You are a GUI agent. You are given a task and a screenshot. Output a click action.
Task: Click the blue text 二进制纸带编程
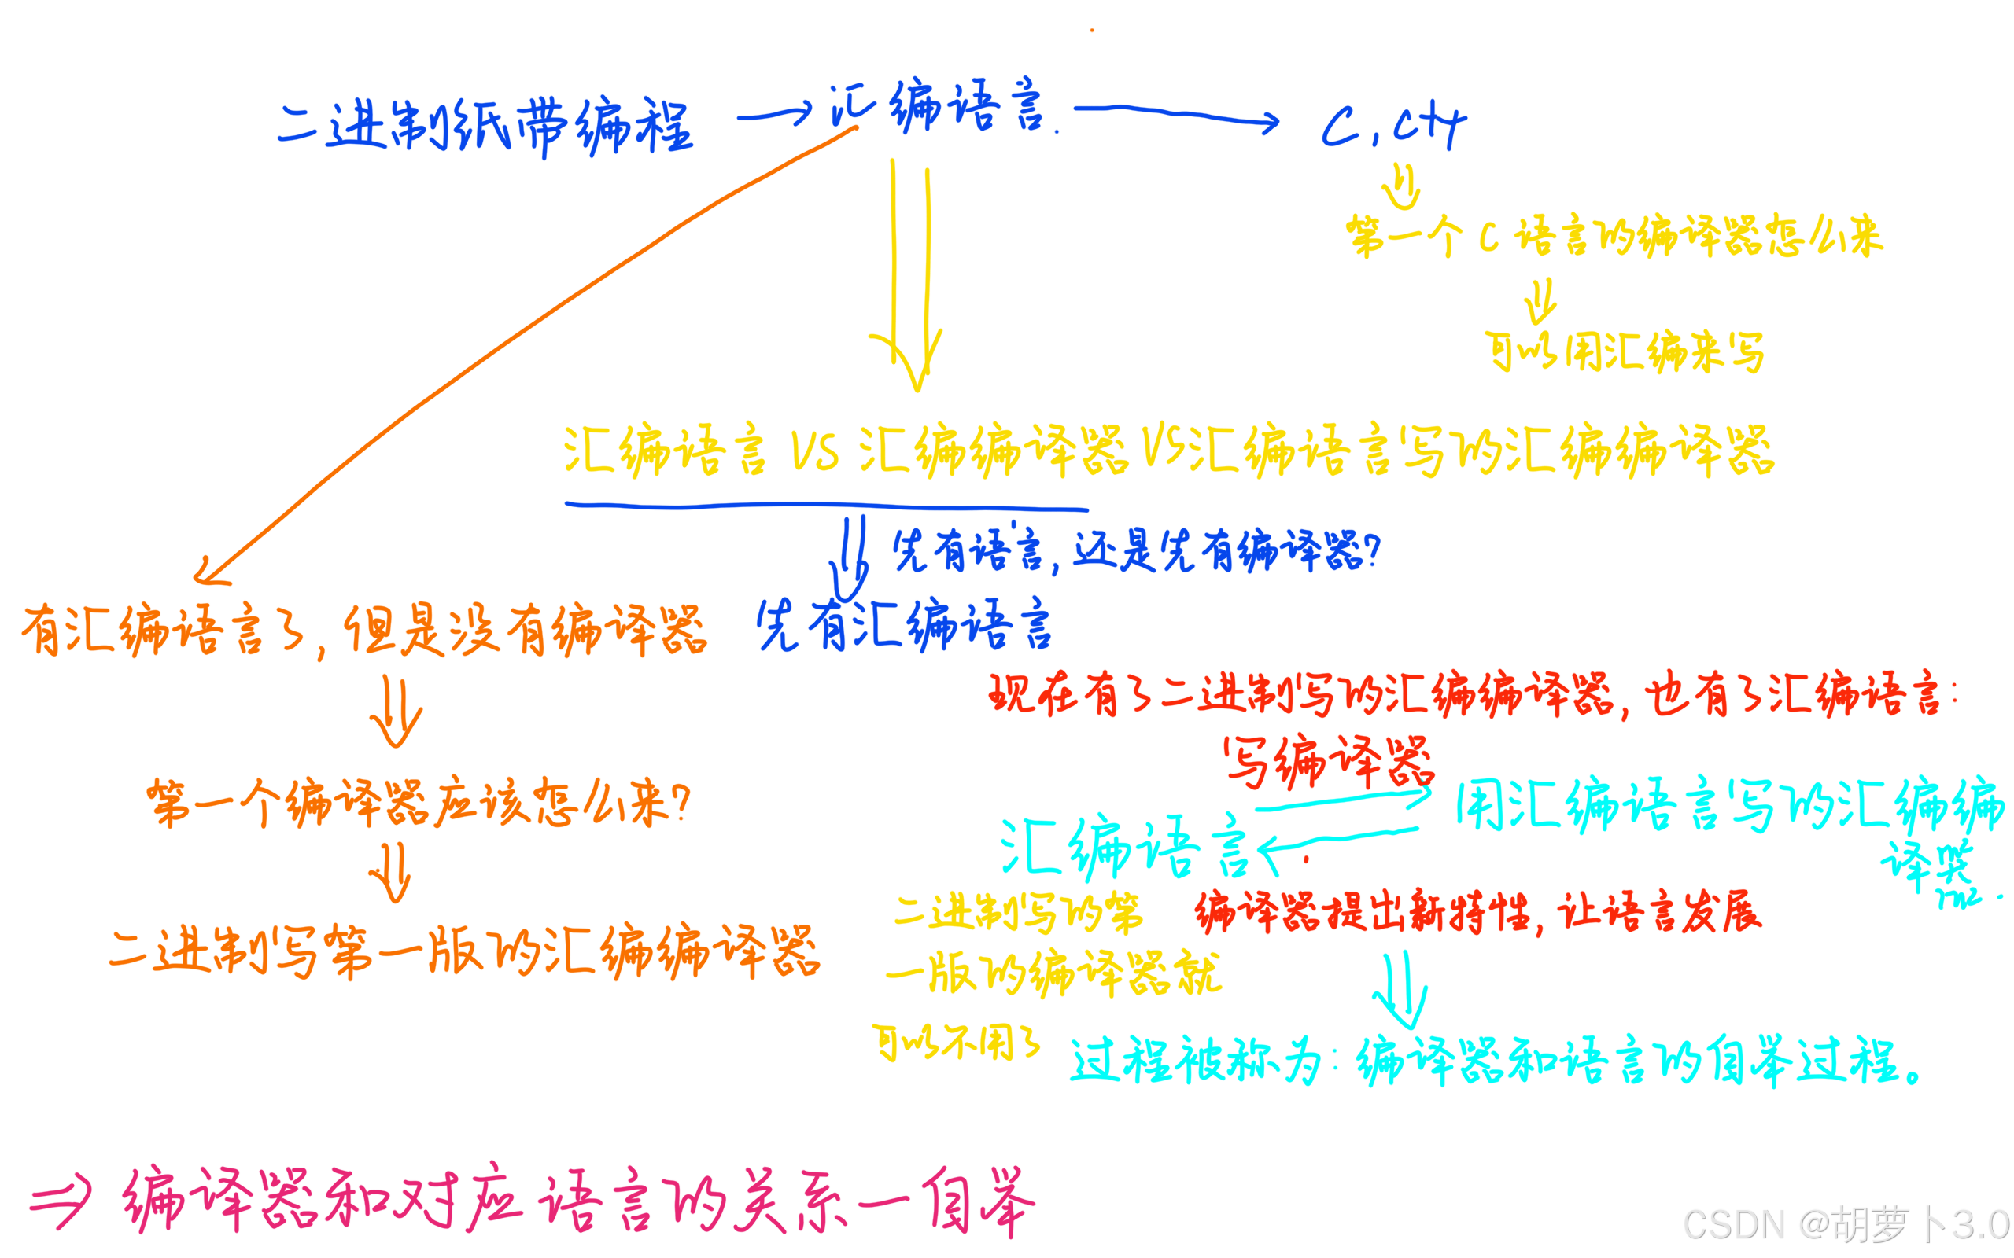point(485,127)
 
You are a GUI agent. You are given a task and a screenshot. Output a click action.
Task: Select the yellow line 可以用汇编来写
point(1624,352)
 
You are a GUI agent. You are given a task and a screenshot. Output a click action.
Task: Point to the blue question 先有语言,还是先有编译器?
point(1136,551)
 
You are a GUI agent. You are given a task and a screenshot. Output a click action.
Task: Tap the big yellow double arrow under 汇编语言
point(910,274)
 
